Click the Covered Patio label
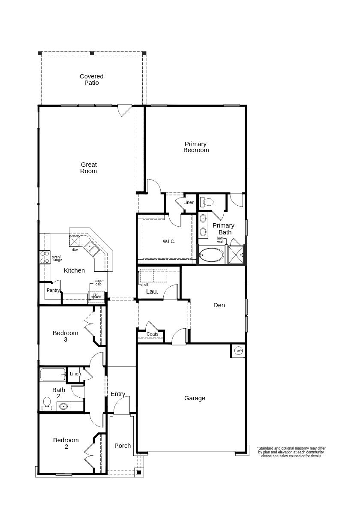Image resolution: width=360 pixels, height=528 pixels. pos(91,79)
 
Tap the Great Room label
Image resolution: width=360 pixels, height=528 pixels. pos(89,168)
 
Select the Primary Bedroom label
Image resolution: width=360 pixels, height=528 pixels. pos(196,147)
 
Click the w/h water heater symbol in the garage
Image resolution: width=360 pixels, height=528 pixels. pos(239,351)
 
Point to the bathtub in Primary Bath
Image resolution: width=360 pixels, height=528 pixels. pos(211,255)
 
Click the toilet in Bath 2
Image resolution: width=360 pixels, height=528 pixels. pos(47,403)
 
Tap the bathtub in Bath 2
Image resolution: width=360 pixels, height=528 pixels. pos(53,374)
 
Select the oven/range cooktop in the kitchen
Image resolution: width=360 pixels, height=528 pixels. pos(45,257)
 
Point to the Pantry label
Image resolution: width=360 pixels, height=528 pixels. pos(53,290)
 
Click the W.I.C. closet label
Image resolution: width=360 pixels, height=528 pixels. pos(169,241)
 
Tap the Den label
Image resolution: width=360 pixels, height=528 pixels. pos(219,305)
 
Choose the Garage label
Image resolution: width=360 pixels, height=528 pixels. pos(195,398)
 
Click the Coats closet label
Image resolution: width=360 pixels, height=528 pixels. pos(152,334)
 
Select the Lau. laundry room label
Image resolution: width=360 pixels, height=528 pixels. pos(152,291)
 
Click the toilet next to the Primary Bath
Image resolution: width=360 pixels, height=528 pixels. pos(207,202)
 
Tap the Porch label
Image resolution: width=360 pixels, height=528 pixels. pos(123,446)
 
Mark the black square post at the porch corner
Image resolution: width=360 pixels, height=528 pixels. pos(139,472)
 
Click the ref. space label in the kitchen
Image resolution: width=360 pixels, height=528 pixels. pos(96,296)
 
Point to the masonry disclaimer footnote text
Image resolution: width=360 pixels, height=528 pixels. pos(291,452)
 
